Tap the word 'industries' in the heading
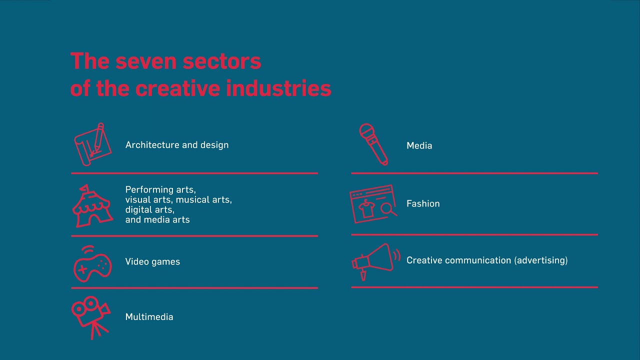(x=278, y=88)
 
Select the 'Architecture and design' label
(x=177, y=145)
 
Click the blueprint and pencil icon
(x=92, y=144)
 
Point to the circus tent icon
(x=92, y=206)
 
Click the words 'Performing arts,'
(x=160, y=190)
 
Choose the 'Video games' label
(x=152, y=261)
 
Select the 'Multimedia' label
(x=149, y=317)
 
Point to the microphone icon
(x=373, y=144)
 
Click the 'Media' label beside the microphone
(x=419, y=145)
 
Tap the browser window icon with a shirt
(x=373, y=203)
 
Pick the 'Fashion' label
(x=423, y=203)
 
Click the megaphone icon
(x=375, y=260)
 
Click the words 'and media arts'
(x=157, y=219)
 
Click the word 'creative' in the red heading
(x=177, y=88)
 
